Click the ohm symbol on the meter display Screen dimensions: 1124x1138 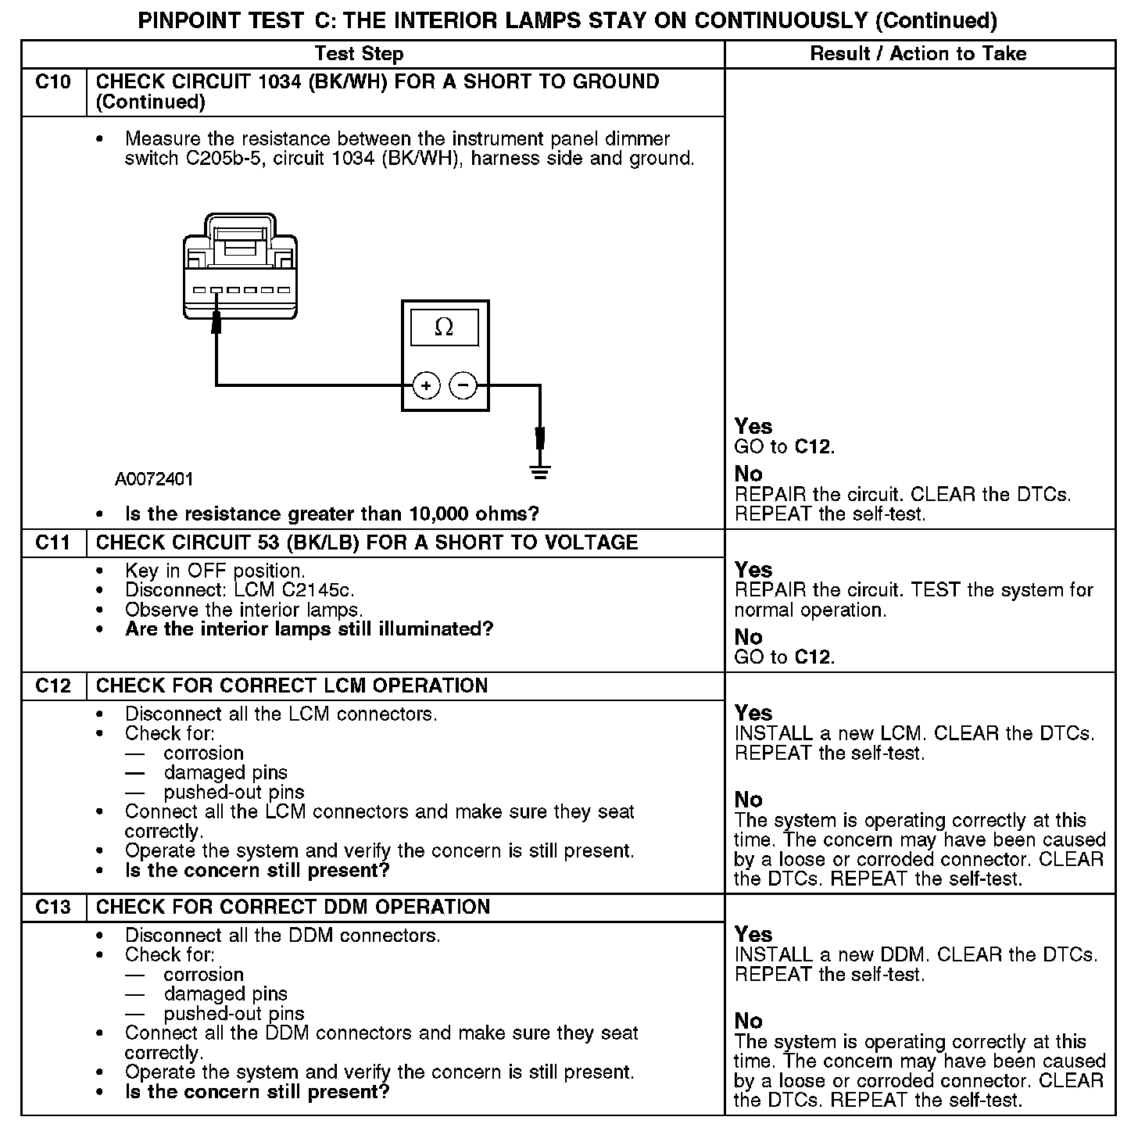[x=444, y=327]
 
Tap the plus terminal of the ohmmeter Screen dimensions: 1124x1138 [x=426, y=385]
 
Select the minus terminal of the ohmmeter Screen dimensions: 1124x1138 [x=463, y=385]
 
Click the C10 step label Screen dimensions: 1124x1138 [x=53, y=82]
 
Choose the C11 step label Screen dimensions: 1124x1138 [x=53, y=542]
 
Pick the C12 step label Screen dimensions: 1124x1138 [x=53, y=685]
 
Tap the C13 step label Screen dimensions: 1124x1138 [x=53, y=907]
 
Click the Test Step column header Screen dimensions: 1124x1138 [x=359, y=54]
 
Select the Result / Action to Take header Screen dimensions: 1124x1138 [x=918, y=54]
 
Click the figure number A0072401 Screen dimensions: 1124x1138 [x=154, y=478]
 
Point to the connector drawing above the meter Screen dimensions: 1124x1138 [x=240, y=268]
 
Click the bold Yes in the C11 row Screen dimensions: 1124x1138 [x=753, y=570]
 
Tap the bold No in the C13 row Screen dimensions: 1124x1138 [x=749, y=1021]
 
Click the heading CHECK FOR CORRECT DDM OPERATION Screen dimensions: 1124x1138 [x=293, y=907]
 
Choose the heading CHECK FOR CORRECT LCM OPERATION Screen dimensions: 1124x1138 [x=292, y=685]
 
